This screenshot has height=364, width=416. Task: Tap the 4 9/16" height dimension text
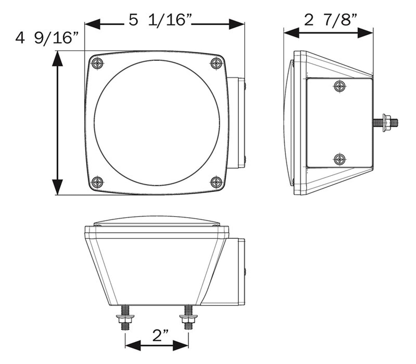click(47, 38)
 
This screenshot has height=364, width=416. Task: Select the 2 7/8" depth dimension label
click(330, 20)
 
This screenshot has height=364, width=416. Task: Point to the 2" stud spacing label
click(160, 336)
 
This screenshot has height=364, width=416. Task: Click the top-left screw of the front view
click(98, 63)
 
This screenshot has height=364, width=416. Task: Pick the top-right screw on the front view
click(216, 63)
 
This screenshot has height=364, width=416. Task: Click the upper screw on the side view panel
click(339, 86)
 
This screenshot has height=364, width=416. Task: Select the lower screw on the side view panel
click(339, 159)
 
